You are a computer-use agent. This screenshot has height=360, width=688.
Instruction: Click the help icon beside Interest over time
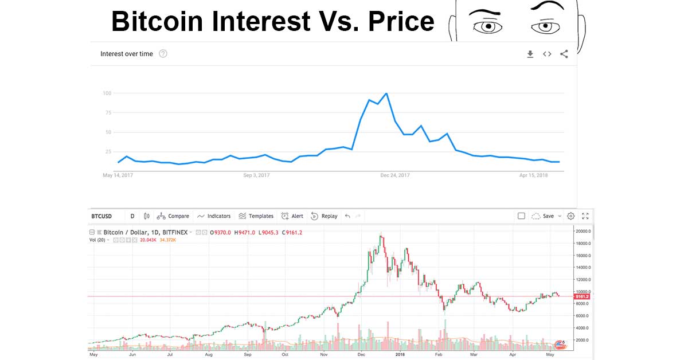pos(163,54)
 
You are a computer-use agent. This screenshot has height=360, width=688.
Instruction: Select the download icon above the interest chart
pos(530,54)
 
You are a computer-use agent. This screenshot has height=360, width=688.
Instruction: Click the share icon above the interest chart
pos(564,54)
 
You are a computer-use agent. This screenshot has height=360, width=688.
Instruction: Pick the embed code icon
pos(547,54)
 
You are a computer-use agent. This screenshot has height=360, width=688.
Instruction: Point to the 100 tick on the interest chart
pos(107,93)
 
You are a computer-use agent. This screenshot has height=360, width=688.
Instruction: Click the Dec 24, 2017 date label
pos(395,175)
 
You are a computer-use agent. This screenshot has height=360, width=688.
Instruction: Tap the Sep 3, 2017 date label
pos(256,175)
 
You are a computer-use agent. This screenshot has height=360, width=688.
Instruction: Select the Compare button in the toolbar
pos(173,216)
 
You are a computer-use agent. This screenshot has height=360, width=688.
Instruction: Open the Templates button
pos(256,216)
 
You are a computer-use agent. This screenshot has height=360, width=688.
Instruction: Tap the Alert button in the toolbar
pos(292,216)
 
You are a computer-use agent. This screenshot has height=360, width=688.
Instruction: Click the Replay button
pos(325,216)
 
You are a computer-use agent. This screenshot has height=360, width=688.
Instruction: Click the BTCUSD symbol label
pos(101,216)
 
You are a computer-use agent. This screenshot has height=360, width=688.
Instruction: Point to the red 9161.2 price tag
pos(583,296)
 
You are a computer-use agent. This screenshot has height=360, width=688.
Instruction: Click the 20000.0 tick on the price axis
pos(584,231)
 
